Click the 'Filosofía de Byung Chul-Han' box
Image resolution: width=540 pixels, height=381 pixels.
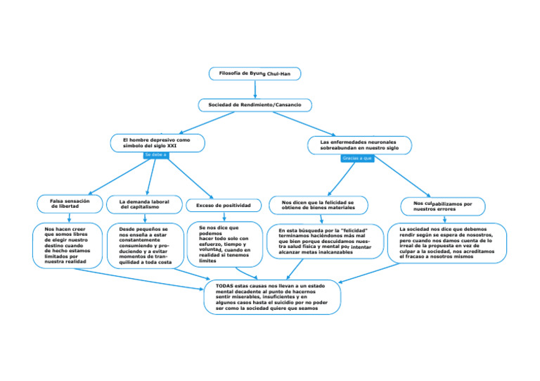pyautogui.click(x=255, y=73)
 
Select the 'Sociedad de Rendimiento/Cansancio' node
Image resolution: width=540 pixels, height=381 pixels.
pyautogui.click(x=255, y=105)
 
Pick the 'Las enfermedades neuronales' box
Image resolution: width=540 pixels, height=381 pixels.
pyautogui.click(x=359, y=145)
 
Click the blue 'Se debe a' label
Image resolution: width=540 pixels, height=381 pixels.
pyautogui.click(x=155, y=154)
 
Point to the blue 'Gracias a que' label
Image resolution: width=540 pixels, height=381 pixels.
pyautogui.click(x=357, y=158)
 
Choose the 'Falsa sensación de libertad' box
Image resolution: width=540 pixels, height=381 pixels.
pyautogui.click(x=69, y=204)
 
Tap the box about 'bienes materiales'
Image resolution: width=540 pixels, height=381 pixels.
pyautogui.click(x=319, y=206)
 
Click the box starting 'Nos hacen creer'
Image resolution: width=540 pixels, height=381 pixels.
pyautogui.click(x=67, y=245)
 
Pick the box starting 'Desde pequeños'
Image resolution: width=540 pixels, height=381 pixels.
pyautogui.click(x=145, y=246)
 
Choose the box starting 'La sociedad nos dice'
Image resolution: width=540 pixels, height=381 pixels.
pyautogui.click(x=447, y=243)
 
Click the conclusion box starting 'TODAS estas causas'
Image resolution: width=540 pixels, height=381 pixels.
pyautogui.click(x=271, y=297)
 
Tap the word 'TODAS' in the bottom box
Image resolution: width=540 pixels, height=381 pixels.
pyautogui.click(x=225, y=286)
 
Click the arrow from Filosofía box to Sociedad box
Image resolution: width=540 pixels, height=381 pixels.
pyautogui.click(x=255, y=89)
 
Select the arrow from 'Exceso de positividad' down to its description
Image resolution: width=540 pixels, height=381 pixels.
pyautogui.click(x=223, y=217)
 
